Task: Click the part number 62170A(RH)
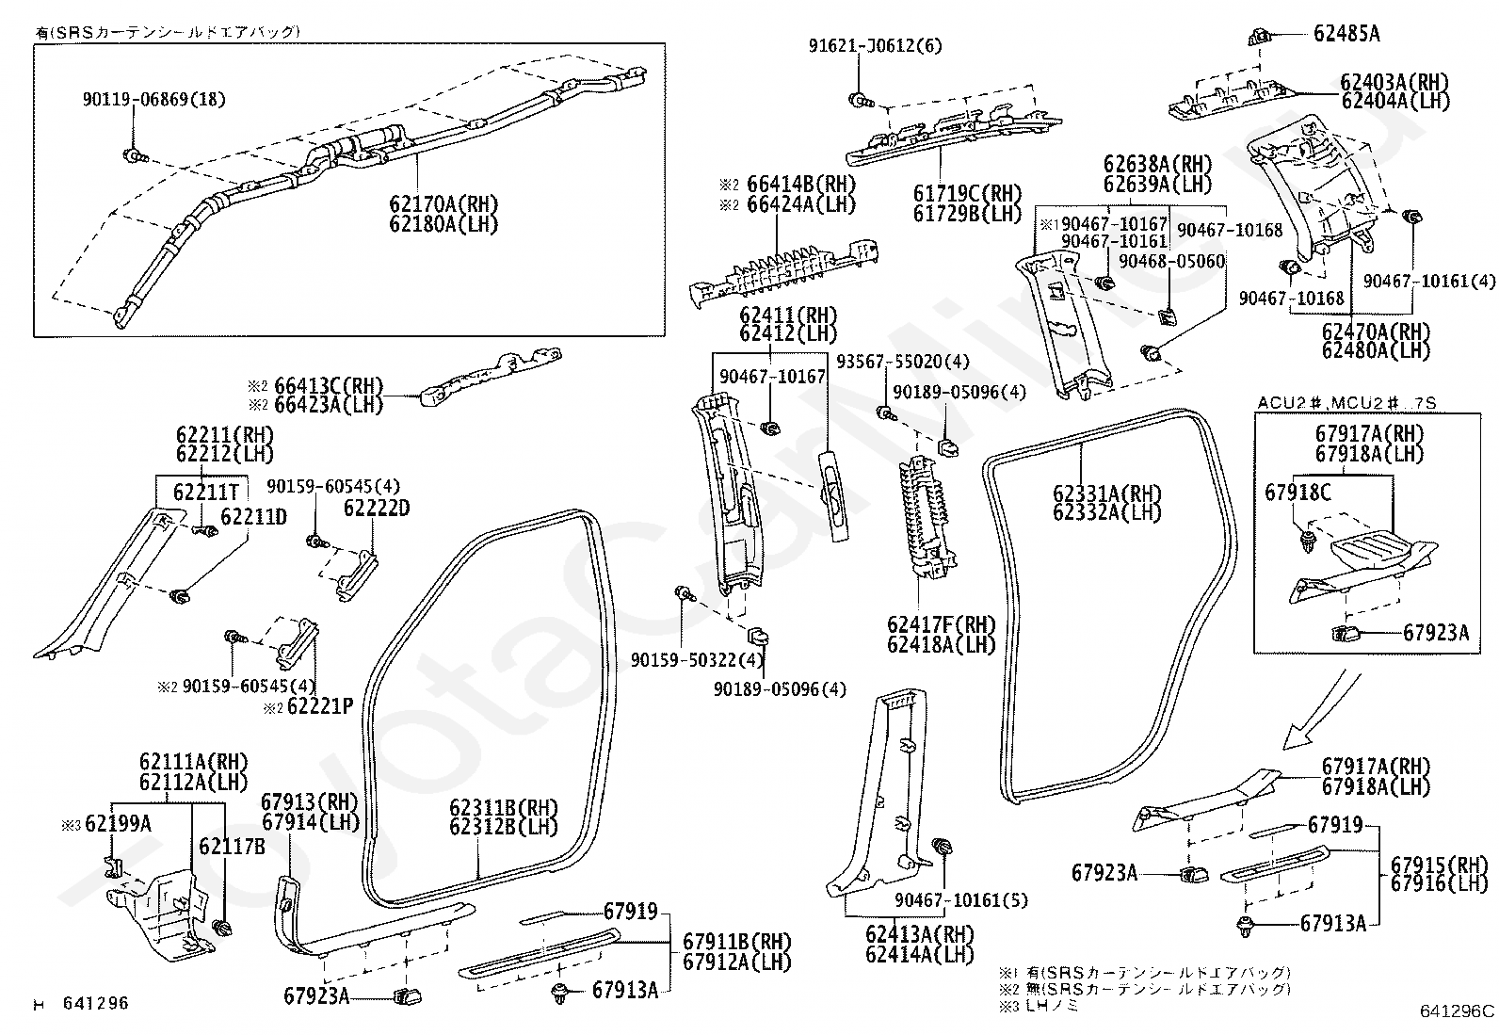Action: pyautogui.click(x=443, y=203)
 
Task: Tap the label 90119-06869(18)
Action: pyautogui.click(x=154, y=99)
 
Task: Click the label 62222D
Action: pyautogui.click(x=377, y=509)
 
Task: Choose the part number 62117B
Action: pyautogui.click(x=232, y=847)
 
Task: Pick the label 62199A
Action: pyautogui.click(x=118, y=824)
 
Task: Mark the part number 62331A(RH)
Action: pyautogui.click(x=1106, y=493)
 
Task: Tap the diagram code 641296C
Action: pyautogui.click(x=1457, y=1011)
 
